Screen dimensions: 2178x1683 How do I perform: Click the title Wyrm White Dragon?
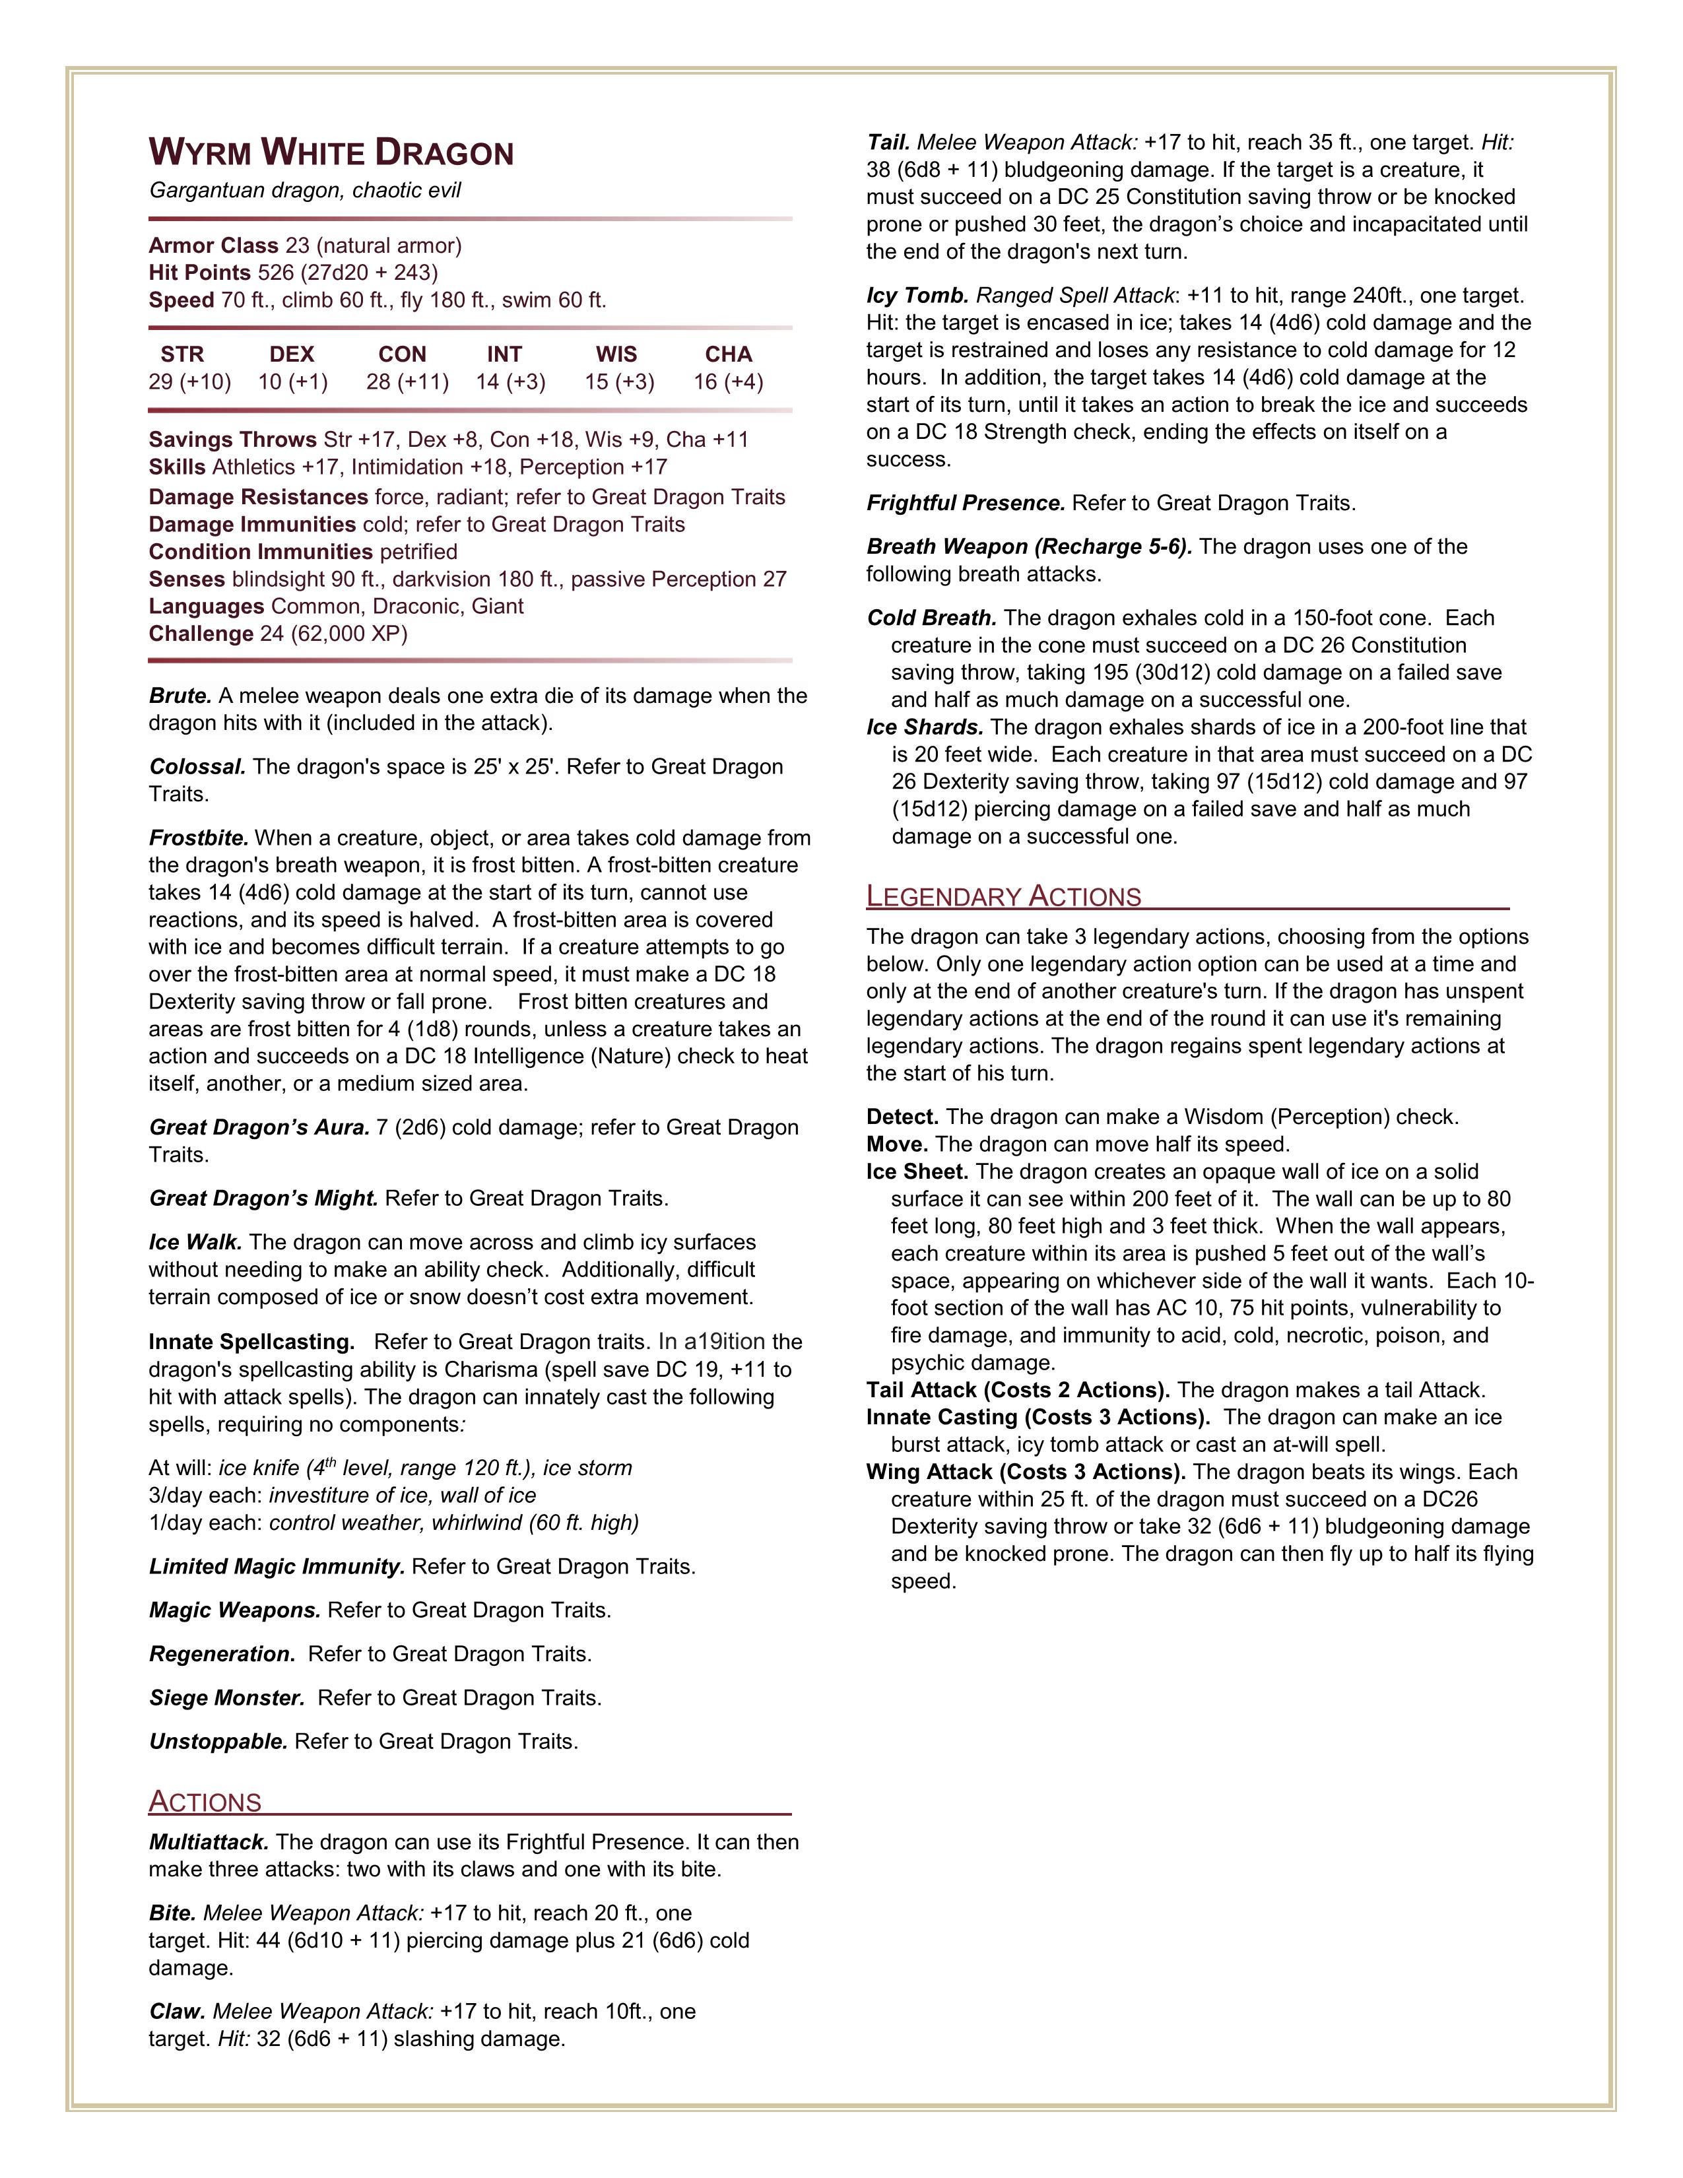point(331,154)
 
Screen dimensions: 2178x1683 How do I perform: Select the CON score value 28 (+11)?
point(407,382)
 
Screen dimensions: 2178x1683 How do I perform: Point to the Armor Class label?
point(213,246)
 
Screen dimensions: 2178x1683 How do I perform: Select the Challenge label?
point(201,634)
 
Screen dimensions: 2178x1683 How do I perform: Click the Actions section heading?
point(205,1802)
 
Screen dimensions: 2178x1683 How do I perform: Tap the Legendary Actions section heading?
point(1003,896)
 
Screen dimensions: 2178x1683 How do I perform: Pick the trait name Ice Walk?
point(195,1243)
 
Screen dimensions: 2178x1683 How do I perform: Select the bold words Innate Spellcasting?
point(251,1342)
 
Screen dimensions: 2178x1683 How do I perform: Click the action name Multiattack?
point(209,1842)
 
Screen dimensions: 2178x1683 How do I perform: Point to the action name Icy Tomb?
point(917,296)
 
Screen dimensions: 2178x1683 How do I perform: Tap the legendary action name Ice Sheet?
point(917,1171)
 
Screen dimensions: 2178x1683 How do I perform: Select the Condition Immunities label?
point(260,552)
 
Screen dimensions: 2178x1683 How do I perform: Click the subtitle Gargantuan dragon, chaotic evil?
point(305,191)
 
